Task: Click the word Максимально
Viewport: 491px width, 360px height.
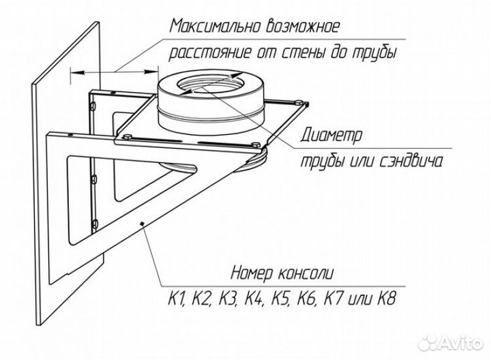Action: tap(215, 27)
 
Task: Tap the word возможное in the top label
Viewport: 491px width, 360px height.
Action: tap(303, 27)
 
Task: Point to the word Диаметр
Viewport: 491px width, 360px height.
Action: tap(331, 135)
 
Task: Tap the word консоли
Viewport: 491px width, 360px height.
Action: tap(306, 273)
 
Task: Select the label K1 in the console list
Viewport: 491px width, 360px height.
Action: tap(177, 299)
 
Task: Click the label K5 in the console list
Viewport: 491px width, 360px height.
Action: tap(280, 299)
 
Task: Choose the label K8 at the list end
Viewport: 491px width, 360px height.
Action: tap(387, 299)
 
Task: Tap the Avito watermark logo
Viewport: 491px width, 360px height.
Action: tap(451, 342)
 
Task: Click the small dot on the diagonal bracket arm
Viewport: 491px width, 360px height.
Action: tap(142, 223)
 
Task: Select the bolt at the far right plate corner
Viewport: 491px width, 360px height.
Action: tap(299, 102)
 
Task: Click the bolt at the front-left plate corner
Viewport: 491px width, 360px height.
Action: tap(127, 137)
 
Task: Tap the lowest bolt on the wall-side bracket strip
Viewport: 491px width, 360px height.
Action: tap(95, 224)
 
